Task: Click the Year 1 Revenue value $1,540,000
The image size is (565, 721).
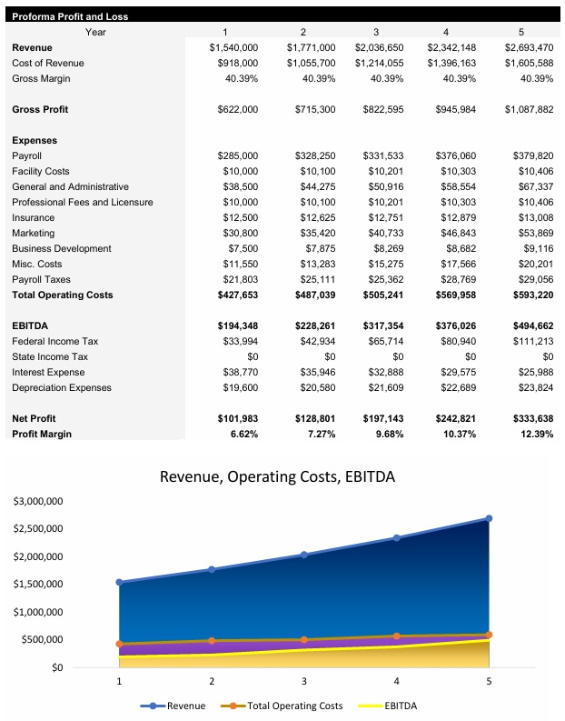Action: [x=233, y=47]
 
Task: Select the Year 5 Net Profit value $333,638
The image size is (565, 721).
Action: [x=529, y=419]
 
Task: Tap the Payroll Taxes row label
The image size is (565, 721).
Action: [x=41, y=280]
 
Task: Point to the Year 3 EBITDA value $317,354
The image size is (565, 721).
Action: [x=382, y=326]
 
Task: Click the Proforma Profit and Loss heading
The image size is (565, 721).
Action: [x=70, y=16]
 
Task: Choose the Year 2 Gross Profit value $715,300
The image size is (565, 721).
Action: [x=311, y=110]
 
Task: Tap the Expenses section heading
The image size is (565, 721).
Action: [x=35, y=141]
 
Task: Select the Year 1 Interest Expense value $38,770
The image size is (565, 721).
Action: [x=238, y=373]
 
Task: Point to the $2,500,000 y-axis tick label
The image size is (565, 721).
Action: [x=37, y=529]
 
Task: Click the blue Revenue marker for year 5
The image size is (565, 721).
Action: [x=489, y=518]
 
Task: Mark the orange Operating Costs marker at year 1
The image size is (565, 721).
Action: [x=119, y=644]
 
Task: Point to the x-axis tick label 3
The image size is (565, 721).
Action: [x=304, y=681]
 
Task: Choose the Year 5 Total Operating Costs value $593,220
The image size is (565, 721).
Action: [x=529, y=295]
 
